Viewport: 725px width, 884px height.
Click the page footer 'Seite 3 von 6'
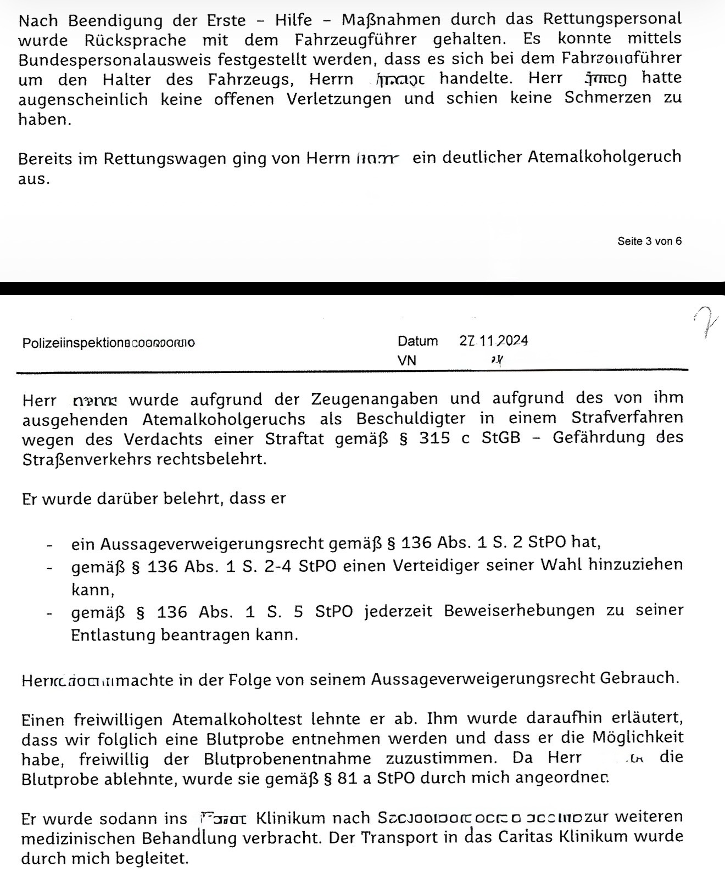click(x=650, y=241)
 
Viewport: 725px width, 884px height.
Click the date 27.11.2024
click(x=493, y=341)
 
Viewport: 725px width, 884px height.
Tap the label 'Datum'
click(x=417, y=341)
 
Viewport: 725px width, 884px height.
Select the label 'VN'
click(x=406, y=361)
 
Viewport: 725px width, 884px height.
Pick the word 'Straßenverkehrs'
click(x=86, y=459)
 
